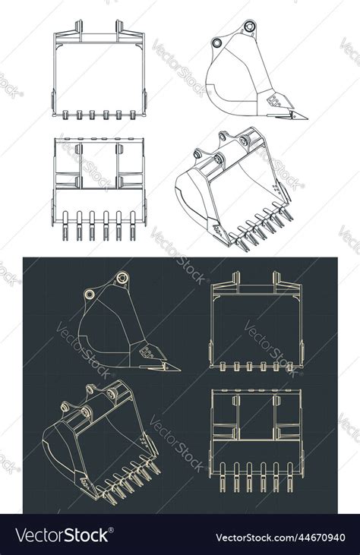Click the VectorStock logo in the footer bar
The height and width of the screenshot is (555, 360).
click(62, 535)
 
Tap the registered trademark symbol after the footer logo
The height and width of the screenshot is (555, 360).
click(112, 531)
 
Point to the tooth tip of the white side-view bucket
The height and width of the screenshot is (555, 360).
click(305, 117)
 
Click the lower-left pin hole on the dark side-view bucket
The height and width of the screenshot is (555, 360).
click(90, 294)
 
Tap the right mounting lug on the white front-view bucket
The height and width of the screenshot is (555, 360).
click(119, 28)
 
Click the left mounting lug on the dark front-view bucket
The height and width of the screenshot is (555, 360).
click(235, 279)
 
